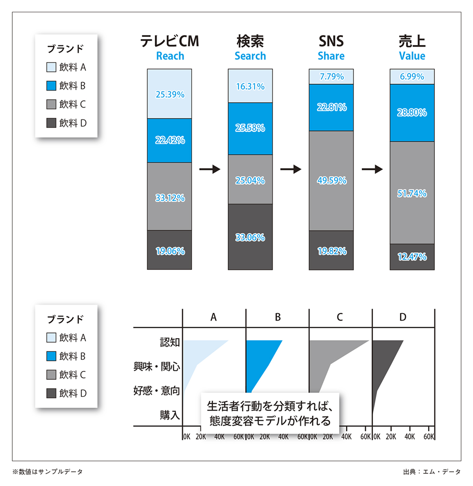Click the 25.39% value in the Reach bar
[169, 94]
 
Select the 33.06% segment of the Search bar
[250, 237]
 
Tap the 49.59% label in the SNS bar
[331, 180]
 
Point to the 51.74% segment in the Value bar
[412, 193]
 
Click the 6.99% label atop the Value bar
[412, 76]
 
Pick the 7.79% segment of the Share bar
[331, 76]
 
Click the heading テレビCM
[170, 41]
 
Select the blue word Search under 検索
[250, 56]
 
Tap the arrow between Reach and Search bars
[210, 169]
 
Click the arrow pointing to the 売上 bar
[372, 169]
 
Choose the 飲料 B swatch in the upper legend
[51, 86]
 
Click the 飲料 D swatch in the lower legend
[51, 393]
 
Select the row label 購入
[170, 415]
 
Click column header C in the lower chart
[340, 317]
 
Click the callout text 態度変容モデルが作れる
[270, 420]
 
